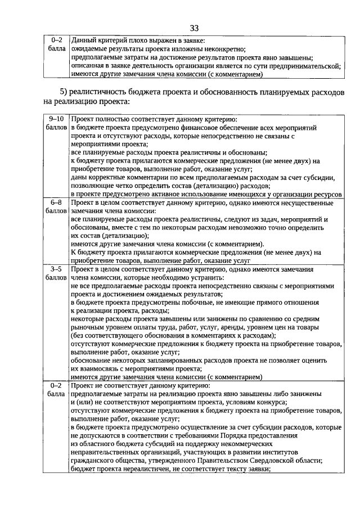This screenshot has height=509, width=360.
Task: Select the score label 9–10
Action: point(56,119)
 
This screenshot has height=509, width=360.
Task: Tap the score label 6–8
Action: point(56,202)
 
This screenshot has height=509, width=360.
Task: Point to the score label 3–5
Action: point(56,269)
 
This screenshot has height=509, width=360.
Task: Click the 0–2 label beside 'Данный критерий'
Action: point(56,40)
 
